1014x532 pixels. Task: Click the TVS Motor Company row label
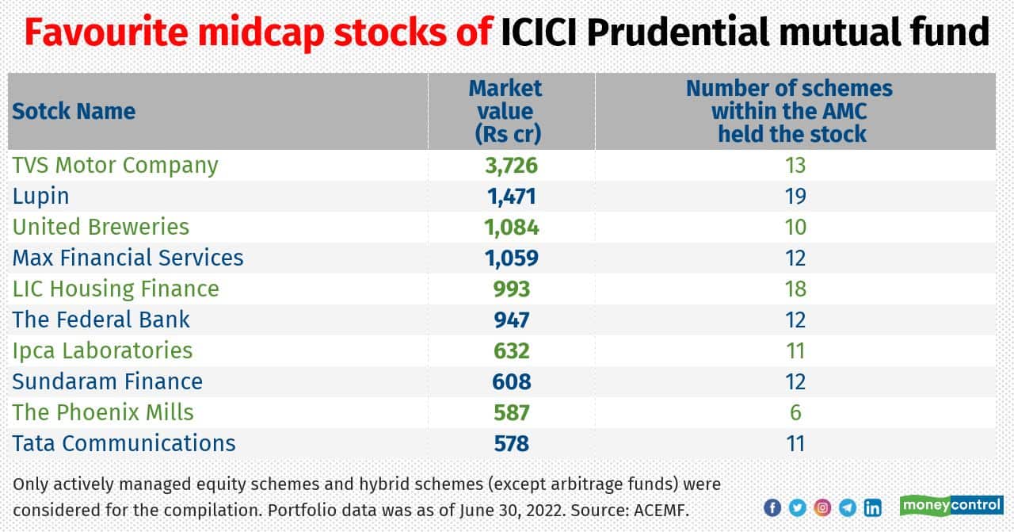pos(115,165)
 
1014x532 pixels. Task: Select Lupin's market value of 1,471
pos(511,196)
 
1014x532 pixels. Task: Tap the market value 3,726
pos(511,165)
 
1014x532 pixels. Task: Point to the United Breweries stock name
pos(101,227)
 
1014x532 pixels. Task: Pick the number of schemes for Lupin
pos(795,196)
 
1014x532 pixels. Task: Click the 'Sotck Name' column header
pos(74,111)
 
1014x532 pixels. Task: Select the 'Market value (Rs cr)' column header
pos(507,111)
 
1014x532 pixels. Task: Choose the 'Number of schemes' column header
pos(790,111)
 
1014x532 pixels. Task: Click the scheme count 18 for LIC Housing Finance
pos(795,289)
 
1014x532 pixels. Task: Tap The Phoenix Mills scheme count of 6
pos(795,412)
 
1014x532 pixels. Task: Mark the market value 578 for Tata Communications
pos(511,443)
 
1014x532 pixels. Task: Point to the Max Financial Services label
pos(128,258)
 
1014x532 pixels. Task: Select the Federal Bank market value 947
pos(511,320)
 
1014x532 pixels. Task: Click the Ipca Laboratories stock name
pos(102,350)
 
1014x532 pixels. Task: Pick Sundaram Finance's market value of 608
pos(511,381)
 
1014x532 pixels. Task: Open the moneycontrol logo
pos(951,506)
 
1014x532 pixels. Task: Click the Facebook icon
pos(772,508)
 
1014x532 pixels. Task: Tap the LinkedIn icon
pos(872,508)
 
